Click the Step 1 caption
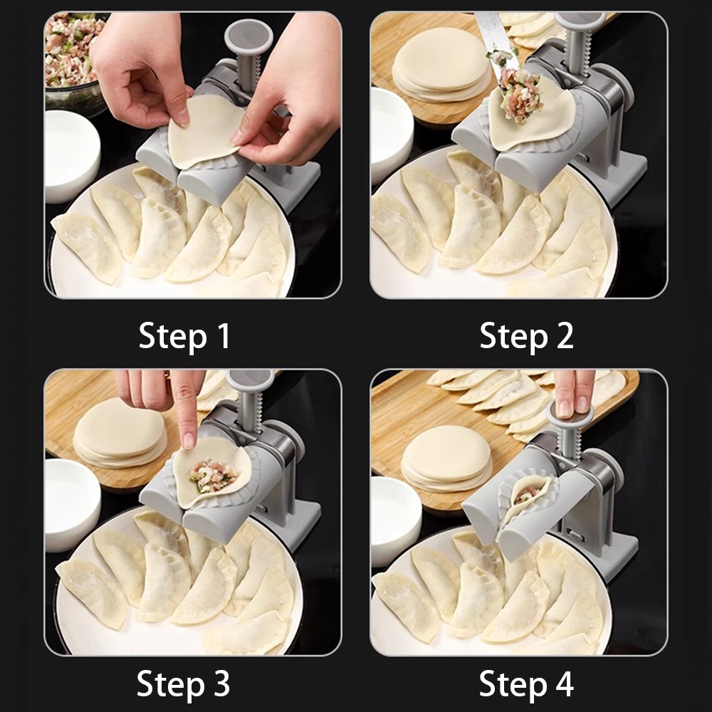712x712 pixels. pyautogui.click(x=184, y=336)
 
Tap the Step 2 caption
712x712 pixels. pyautogui.click(x=526, y=336)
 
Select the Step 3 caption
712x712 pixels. pyautogui.click(x=184, y=683)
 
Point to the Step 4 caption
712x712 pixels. pyautogui.click(x=526, y=683)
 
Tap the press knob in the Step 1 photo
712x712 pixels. pyautogui.click(x=248, y=37)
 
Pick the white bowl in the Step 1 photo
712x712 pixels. pyautogui.click(x=72, y=155)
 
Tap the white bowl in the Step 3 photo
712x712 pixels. pyautogui.click(x=72, y=505)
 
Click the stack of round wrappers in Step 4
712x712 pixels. pyautogui.click(x=447, y=459)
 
